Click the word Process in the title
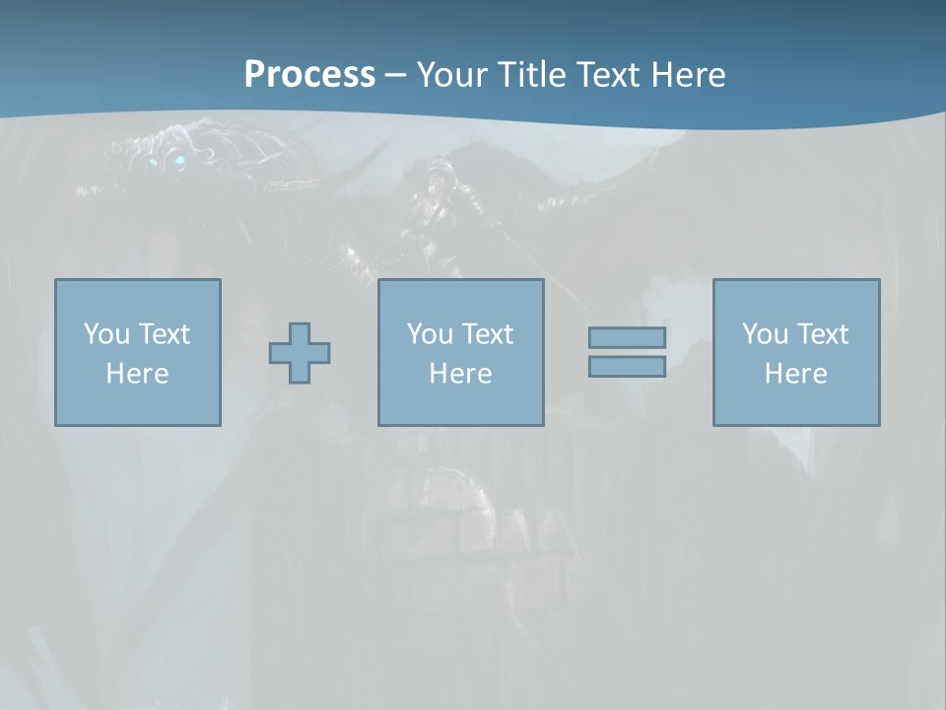(x=309, y=75)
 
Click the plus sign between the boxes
(x=300, y=353)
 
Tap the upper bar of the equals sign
(x=627, y=337)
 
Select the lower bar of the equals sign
(x=627, y=367)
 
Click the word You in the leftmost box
(x=106, y=334)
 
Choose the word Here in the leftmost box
(x=137, y=374)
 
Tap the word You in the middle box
(x=430, y=334)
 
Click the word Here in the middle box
(x=460, y=374)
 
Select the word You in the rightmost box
(x=765, y=334)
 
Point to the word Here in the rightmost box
(x=795, y=374)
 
